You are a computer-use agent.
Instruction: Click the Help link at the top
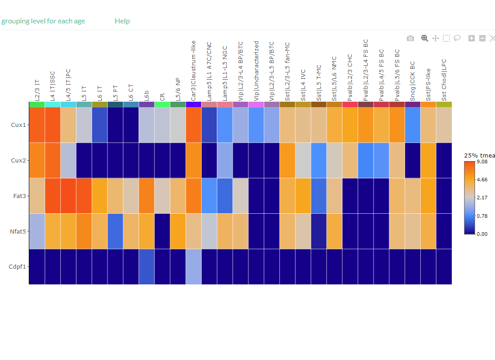coord(122,21)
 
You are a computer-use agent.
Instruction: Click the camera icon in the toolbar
coord(410,39)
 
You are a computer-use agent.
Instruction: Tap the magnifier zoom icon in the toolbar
coord(424,38)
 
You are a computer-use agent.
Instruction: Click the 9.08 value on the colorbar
coord(482,162)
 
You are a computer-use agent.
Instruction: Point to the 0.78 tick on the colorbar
coord(482,216)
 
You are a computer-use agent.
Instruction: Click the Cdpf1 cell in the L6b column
coord(147,266)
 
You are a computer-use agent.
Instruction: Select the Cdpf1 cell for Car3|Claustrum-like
coord(193,266)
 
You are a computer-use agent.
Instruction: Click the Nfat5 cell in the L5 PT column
coord(115,231)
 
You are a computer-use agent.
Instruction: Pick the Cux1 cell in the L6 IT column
coord(99,125)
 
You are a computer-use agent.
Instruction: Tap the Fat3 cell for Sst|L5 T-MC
coord(319,196)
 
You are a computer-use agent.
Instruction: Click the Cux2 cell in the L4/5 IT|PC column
coord(68,160)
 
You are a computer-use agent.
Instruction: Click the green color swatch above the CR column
coord(162,104)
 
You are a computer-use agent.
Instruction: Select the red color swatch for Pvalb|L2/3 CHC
coord(350,104)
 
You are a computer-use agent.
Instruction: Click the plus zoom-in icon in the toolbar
coord(472,39)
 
